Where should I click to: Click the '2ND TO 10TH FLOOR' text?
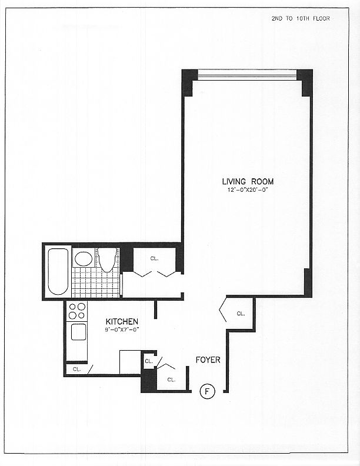pyautogui.click(x=301, y=18)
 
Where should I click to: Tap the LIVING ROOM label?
pyautogui.click(x=248, y=181)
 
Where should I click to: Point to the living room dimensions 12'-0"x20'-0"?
pyautogui.click(x=248, y=190)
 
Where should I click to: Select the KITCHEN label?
pyautogui.click(x=122, y=322)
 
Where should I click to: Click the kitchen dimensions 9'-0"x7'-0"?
pyautogui.click(x=122, y=329)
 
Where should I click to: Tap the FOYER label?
pyautogui.click(x=208, y=359)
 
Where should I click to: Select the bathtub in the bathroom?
pyautogui.click(x=58, y=271)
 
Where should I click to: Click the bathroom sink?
pyautogui.click(x=84, y=259)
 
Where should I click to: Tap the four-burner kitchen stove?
pyautogui.click(x=77, y=310)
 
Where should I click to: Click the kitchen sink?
pyautogui.click(x=79, y=332)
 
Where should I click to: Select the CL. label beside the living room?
pyautogui.click(x=154, y=258)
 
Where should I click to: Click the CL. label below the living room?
pyautogui.click(x=241, y=314)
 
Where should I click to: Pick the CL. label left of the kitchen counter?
pyautogui.click(x=77, y=370)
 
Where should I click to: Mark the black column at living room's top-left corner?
pyautogui.click(x=188, y=81)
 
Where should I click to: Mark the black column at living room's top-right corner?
pyautogui.click(x=305, y=81)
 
